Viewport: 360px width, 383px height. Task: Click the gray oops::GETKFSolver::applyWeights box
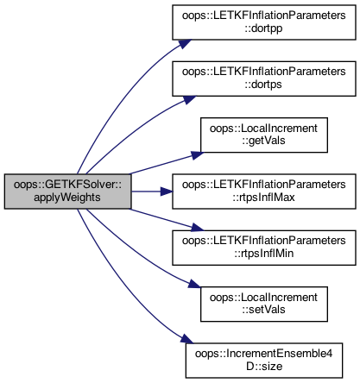point(68,191)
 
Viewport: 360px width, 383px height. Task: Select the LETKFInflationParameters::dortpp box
point(264,22)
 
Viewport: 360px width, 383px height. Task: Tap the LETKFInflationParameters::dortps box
point(264,78)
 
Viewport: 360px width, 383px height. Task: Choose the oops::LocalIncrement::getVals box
point(264,135)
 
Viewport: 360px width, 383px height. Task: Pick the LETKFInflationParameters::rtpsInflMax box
point(264,191)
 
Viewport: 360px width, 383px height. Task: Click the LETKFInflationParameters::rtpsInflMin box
point(264,248)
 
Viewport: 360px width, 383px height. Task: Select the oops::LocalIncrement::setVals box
point(264,304)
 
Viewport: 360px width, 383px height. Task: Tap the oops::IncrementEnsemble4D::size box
point(264,361)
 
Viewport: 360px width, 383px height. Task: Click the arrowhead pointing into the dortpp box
point(185,44)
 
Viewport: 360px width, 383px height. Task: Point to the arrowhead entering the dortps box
point(189,99)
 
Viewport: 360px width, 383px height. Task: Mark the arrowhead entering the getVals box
point(197,155)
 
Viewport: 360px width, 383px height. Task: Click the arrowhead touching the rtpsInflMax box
point(167,191)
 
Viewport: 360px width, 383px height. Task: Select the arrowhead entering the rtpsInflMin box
point(197,228)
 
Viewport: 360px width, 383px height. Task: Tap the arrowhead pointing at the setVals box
point(194,284)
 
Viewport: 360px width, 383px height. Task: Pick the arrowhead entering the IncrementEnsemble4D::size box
point(186,339)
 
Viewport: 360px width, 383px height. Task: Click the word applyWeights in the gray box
point(67,198)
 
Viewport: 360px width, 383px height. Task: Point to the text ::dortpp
point(263,28)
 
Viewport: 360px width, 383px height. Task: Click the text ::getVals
point(263,141)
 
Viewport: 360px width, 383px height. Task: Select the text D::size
point(264,367)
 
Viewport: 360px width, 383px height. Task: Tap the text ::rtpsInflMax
point(264,198)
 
